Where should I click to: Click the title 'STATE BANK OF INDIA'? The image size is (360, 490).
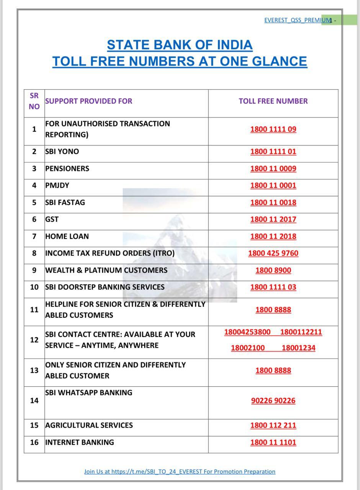click(x=180, y=45)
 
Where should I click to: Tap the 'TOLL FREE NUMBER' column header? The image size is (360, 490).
click(x=273, y=101)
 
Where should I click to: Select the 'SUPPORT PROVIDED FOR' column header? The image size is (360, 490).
click(x=88, y=101)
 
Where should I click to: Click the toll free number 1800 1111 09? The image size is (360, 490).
click(x=273, y=129)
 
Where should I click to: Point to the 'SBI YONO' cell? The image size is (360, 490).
click(x=62, y=152)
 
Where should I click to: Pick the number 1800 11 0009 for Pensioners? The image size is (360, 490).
click(x=273, y=168)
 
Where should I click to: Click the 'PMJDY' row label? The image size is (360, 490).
click(x=57, y=185)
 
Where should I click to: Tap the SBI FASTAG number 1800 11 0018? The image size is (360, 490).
click(x=273, y=202)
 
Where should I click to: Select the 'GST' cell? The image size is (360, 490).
click(x=52, y=219)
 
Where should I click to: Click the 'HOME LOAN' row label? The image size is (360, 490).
click(x=67, y=236)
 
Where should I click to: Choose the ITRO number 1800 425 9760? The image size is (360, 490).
click(x=273, y=253)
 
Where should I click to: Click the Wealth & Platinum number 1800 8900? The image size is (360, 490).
click(x=273, y=270)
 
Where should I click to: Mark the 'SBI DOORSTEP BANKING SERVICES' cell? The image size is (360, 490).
click(x=105, y=287)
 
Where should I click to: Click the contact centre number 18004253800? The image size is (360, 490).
click(x=247, y=332)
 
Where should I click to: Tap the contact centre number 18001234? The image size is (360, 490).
click(x=298, y=348)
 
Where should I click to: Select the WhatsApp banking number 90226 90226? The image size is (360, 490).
click(x=273, y=401)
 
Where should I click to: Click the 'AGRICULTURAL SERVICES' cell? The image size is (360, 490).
click(x=89, y=425)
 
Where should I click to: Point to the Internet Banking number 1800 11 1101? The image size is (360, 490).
click(x=273, y=443)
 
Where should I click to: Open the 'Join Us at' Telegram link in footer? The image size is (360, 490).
click(x=180, y=472)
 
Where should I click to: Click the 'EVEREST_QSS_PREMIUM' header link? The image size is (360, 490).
click(x=298, y=20)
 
